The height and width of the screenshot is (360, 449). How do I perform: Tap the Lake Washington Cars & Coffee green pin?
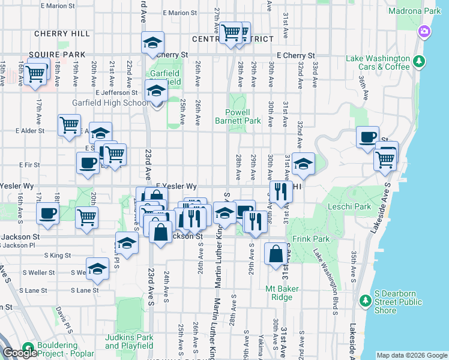pyautogui.click(x=419, y=61)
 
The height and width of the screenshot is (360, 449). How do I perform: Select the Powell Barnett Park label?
pyautogui.click(x=238, y=116)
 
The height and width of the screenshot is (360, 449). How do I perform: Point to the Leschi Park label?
pyautogui.click(x=350, y=206)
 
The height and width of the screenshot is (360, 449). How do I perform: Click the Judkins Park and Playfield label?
pyautogui.click(x=129, y=341)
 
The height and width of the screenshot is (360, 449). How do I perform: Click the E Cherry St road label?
pyautogui.click(x=292, y=55)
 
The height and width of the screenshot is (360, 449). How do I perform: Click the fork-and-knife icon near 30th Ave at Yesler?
pyautogui.click(x=280, y=191)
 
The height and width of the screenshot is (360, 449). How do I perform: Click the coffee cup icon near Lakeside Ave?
pyautogui.click(x=367, y=136)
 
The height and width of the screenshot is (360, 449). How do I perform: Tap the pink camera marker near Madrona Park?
pyautogui.click(x=424, y=31)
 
